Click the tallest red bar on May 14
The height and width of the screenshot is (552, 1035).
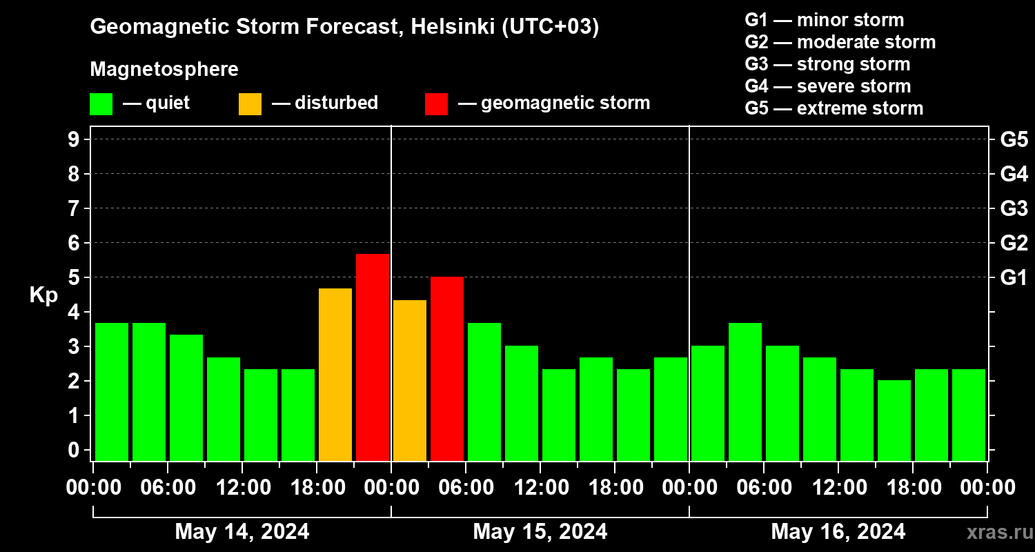point(373,357)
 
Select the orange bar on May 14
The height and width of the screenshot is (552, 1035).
point(335,375)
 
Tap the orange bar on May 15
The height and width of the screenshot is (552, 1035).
point(410,380)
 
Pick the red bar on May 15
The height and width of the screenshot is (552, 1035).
point(447,368)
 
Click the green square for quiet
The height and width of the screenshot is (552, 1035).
point(101,104)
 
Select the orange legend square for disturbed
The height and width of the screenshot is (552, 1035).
point(250,104)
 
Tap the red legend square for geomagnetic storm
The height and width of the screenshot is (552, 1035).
point(436,104)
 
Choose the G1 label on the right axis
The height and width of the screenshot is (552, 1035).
point(1014,277)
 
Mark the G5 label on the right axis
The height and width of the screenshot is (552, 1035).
point(1014,139)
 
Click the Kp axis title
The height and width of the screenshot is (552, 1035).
point(43,295)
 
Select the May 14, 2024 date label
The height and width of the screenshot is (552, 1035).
point(242,531)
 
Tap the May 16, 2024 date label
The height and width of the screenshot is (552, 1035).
point(838,531)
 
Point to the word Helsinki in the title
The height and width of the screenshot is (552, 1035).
point(452,27)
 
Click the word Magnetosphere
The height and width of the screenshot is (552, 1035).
point(164,70)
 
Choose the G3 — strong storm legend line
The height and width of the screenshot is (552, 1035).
point(827,64)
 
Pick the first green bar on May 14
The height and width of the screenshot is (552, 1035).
point(112,391)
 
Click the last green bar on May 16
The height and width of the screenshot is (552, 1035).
point(969,415)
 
